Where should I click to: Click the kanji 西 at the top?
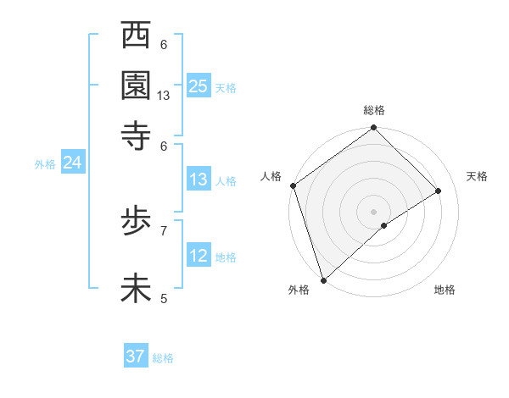click(x=137, y=37)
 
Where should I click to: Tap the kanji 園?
click(x=137, y=85)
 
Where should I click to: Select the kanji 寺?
click(x=137, y=133)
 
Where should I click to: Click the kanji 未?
click(x=137, y=288)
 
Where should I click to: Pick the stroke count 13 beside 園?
click(x=164, y=96)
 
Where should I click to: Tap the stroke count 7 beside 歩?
click(x=164, y=229)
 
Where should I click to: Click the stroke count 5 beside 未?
click(x=164, y=298)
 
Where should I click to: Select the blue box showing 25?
click(x=199, y=86)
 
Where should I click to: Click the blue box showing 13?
click(x=199, y=180)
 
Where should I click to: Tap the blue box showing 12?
click(x=199, y=256)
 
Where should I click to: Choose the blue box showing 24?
click(x=72, y=163)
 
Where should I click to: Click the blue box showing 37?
click(x=136, y=357)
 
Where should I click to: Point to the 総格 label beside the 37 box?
click(x=163, y=358)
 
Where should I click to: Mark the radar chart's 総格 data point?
click(x=373, y=129)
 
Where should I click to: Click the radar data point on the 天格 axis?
click(x=439, y=191)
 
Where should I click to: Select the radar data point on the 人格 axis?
click(x=293, y=185)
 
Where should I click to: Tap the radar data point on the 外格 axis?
click(x=323, y=279)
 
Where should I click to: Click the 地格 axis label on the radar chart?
click(x=445, y=290)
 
